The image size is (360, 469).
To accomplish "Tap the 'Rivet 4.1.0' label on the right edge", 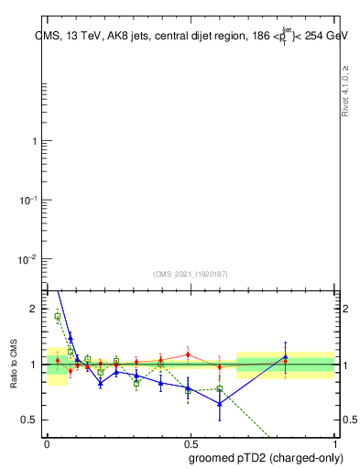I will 345,91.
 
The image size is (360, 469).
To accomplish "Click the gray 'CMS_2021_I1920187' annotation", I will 190,273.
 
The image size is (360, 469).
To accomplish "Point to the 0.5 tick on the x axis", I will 190,442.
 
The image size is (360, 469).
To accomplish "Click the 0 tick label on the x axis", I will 47,442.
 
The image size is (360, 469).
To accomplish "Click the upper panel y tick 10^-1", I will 31,200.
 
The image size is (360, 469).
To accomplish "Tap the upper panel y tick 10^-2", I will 31,259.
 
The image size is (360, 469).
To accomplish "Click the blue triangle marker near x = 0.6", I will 220,403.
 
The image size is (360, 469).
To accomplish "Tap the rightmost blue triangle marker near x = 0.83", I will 285,356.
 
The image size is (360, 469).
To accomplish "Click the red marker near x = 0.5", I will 188,354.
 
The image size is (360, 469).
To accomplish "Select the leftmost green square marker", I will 58,317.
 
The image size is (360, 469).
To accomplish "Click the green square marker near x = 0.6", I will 220,389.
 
